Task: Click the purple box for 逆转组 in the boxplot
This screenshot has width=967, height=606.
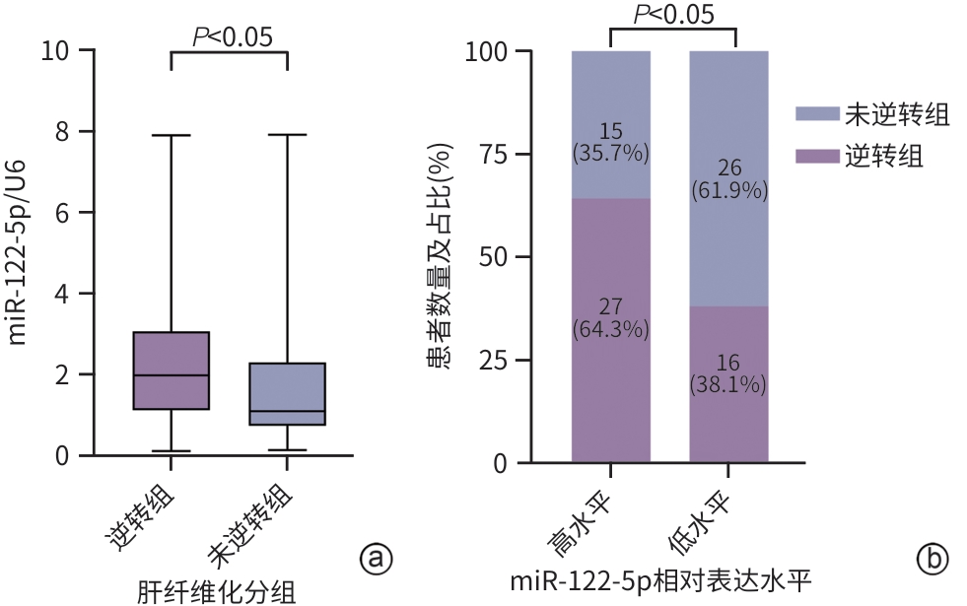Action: coord(172,370)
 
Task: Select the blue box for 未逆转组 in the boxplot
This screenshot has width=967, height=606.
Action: coord(287,393)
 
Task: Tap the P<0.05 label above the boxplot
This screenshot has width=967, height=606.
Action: coord(232,36)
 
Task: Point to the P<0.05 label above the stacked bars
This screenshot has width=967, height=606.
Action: coord(673,14)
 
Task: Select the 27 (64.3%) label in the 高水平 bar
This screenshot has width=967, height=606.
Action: coord(610,317)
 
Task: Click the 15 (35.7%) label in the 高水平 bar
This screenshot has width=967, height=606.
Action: coord(610,143)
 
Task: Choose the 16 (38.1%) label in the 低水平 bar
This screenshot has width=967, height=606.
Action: coord(727,373)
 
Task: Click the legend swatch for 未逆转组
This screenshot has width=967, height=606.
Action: coord(815,115)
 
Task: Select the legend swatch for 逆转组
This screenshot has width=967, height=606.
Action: coord(815,156)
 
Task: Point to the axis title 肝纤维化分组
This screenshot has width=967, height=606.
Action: coord(217,591)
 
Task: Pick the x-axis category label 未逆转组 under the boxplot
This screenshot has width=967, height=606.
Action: coord(251,517)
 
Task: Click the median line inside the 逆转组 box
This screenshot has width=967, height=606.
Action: coord(172,375)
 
